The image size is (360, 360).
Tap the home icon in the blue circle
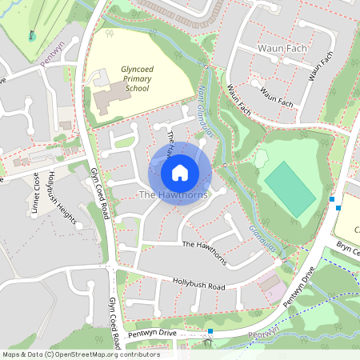pos(180,173)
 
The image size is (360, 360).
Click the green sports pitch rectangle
pos(290,189)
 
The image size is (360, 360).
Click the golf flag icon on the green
pos(32,35)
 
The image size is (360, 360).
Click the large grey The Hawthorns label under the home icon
pos(174,195)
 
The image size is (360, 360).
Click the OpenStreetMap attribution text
pos(80,354)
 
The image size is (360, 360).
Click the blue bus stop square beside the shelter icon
pos(210,331)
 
